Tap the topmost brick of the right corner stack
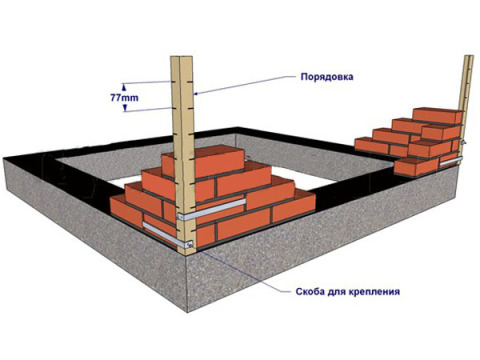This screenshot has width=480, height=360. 442,115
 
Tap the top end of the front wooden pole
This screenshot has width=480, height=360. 181,58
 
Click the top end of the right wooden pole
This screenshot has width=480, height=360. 468,57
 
